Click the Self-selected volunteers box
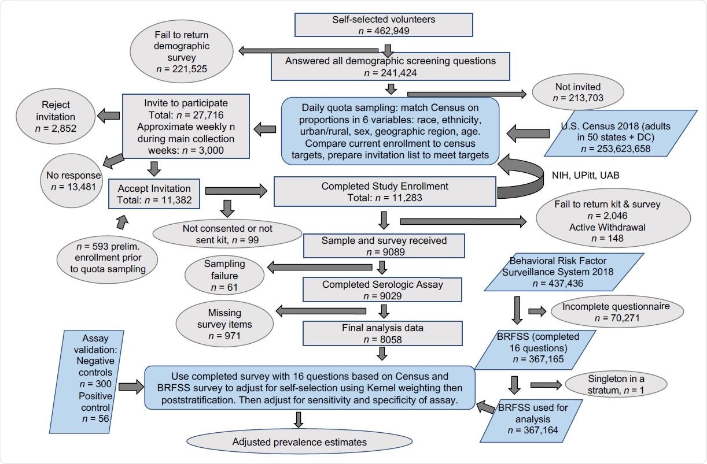[384, 25]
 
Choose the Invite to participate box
[186, 126]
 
